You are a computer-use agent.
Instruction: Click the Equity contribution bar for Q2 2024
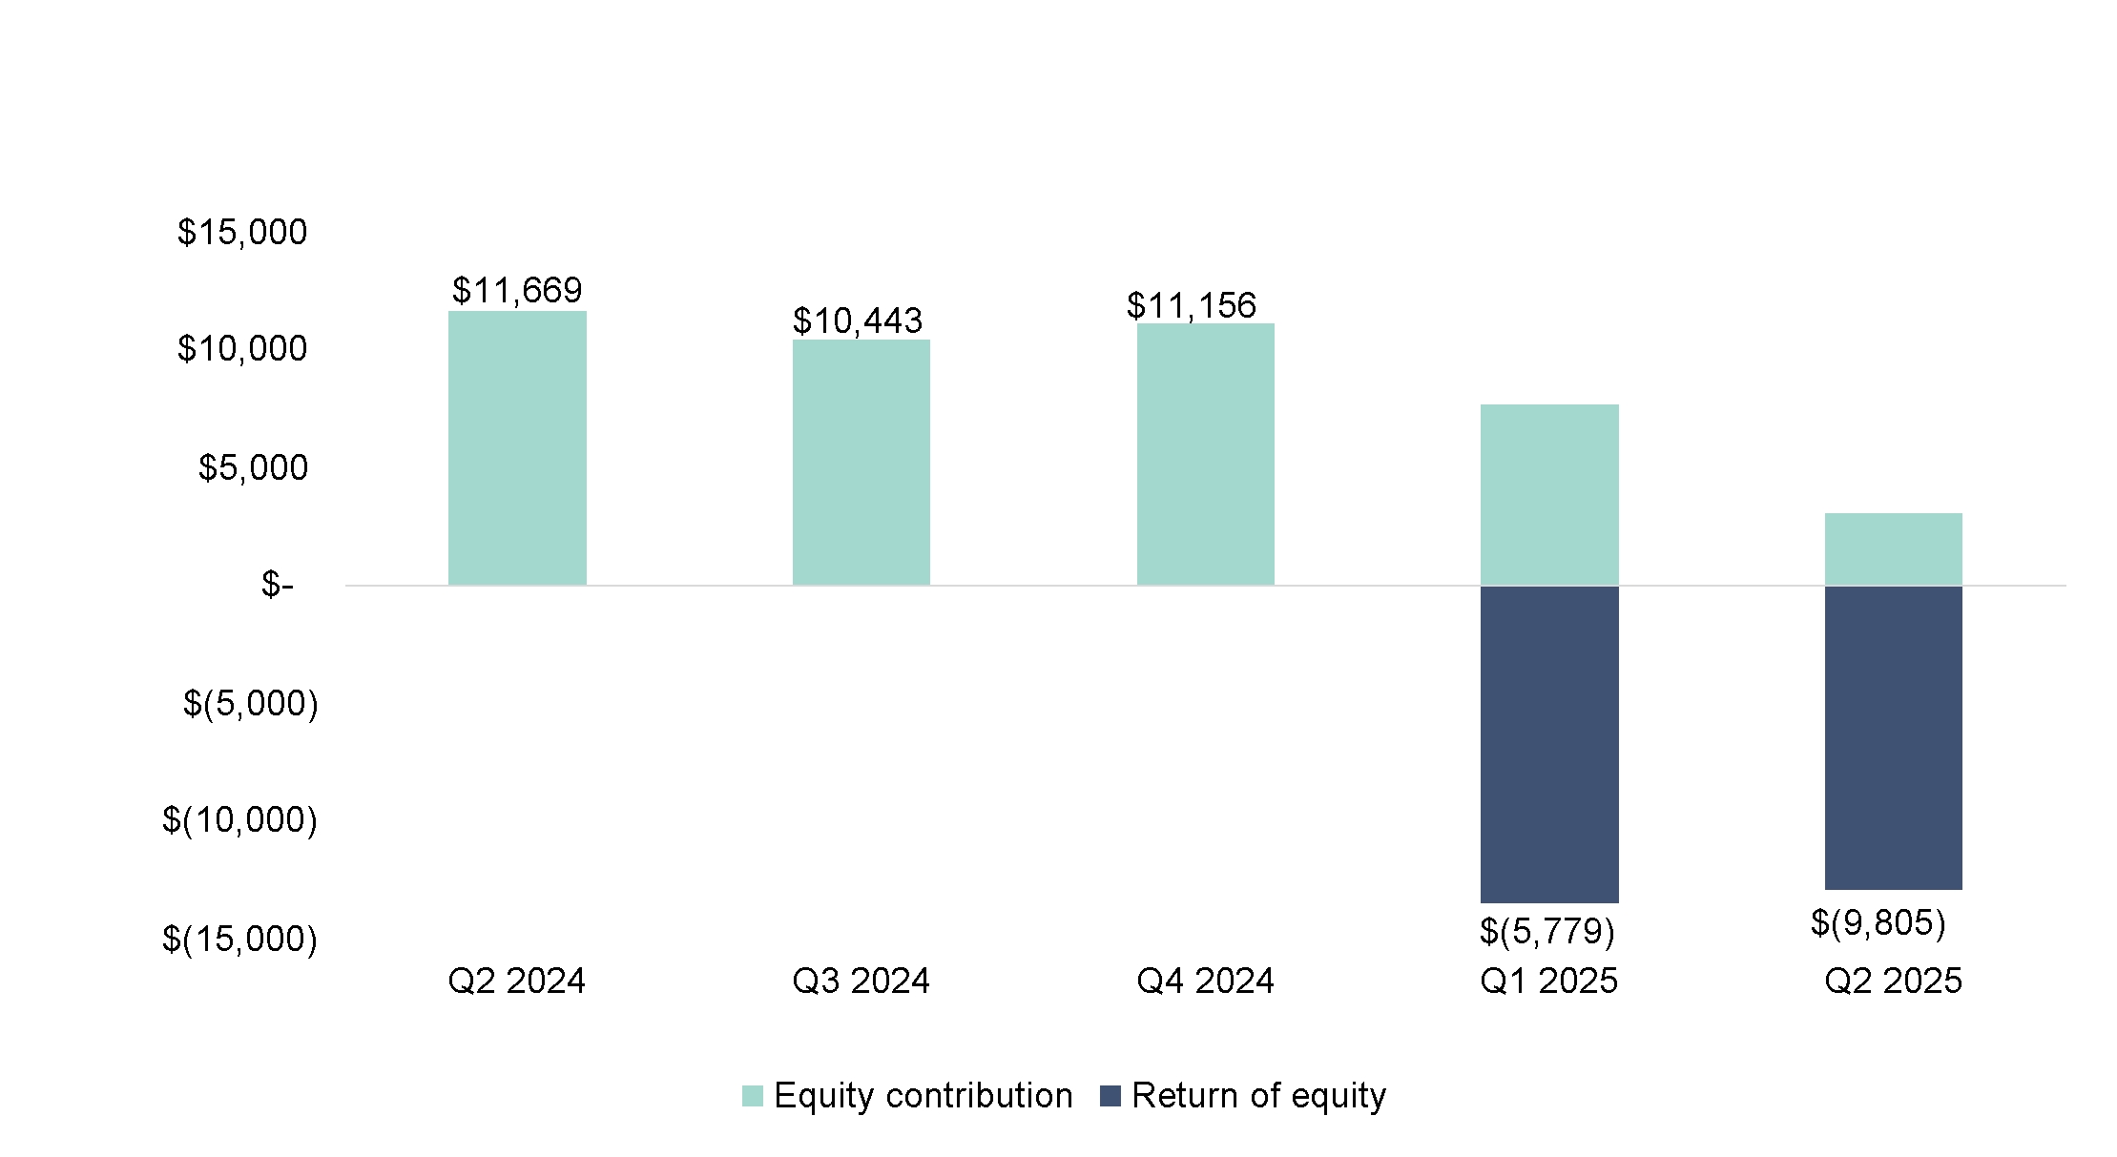coord(517,447)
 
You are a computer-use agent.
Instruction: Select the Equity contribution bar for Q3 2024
coord(861,462)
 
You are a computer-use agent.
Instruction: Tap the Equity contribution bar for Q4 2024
coord(1206,454)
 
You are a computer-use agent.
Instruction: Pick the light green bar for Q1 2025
coord(1549,494)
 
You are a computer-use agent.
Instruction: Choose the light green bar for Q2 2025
coord(1894,548)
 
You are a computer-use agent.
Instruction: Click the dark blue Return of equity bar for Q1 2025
coord(1549,744)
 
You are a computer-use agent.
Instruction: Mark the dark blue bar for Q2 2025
coord(1894,737)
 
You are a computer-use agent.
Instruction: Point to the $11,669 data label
coord(517,290)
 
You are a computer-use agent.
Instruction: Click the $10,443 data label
coord(858,320)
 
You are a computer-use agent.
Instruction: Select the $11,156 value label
coord(1192,305)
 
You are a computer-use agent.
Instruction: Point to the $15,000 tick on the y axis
coord(242,232)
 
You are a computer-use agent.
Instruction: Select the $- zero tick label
coord(278,584)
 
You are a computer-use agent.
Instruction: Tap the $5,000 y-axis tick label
coord(253,467)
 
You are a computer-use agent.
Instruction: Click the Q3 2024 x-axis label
coord(861,981)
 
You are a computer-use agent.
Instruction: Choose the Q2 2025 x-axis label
coord(1894,981)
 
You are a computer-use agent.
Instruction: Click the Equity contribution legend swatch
coord(753,1096)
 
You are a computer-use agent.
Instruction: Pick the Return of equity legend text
coord(1259,1096)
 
